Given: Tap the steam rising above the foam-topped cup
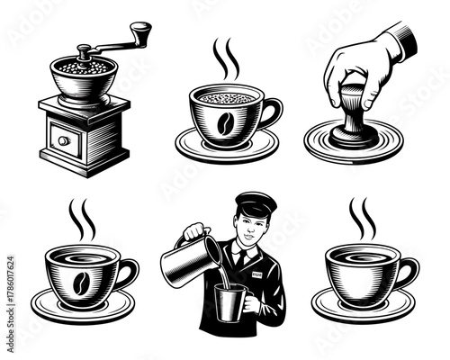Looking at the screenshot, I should [225, 58].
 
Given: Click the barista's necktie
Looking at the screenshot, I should [242, 260].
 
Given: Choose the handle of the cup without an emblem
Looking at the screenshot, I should [407, 270].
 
